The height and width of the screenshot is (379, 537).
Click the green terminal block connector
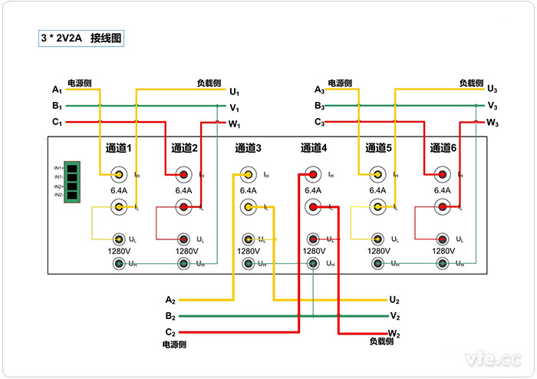pyautogui.click(x=74, y=181)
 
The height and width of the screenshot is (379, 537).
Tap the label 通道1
pyautogui.click(x=119, y=148)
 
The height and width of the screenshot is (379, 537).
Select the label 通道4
pyautogui.click(x=313, y=148)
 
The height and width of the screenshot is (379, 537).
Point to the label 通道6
pyautogui.click(x=443, y=148)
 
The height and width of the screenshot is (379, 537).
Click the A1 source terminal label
pyautogui.click(x=57, y=91)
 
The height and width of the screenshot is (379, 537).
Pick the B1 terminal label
pyautogui.click(x=57, y=106)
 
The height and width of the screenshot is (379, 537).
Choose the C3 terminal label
pyautogui.click(x=319, y=122)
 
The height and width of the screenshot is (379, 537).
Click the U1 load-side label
pyautogui.click(x=235, y=91)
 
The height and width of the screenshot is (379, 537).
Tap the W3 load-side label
pyautogui.click(x=493, y=123)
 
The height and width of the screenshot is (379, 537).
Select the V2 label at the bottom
pyautogui.click(x=395, y=315)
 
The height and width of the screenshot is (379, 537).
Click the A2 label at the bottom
pyautogui.click(x=170, y=299)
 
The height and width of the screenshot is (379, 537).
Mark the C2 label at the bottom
pyautogui.click(x=170, y=331)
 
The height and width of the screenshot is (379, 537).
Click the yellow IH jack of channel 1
pyautogui.click(x=119, y=174)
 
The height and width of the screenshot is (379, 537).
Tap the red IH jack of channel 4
pyautogui.click(x=313, y=174)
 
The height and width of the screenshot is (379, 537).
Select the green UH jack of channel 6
pyautogui.click(x=443, y=264)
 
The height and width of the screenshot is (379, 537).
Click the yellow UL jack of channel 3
pyautogui.click(x=248, y=239)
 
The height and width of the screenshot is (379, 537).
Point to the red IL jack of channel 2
pyautogui.click(x=183, y=206)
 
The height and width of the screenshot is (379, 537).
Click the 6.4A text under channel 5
pyautogui.click(x=377, y=191)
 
